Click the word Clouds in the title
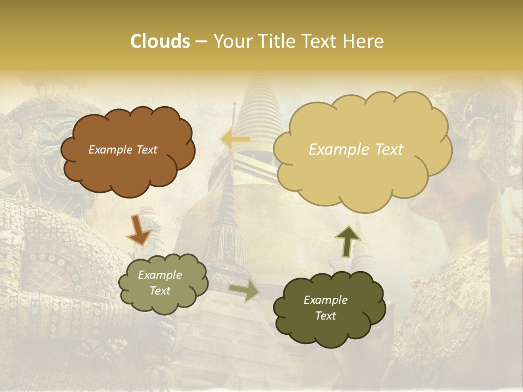tap(160, 41)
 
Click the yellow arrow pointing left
tap(235, 140)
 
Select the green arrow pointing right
tap(244, 290)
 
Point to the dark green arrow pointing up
tap(347, 241)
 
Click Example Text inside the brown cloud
tap(123, 150)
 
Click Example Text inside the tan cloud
tap(356, 150)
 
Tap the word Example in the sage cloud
tap(160, 275)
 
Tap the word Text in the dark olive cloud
tap(325, 316)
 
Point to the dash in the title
tap(200, 42)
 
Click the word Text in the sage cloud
tap(160, 291)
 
